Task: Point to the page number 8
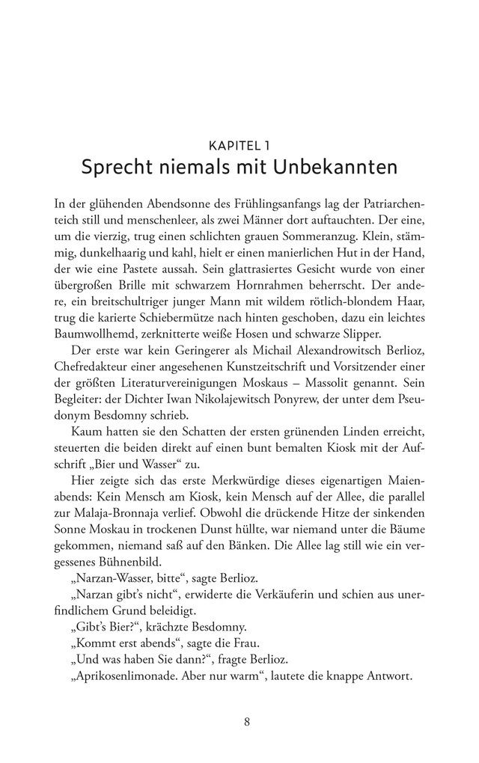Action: pos(239,722)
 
